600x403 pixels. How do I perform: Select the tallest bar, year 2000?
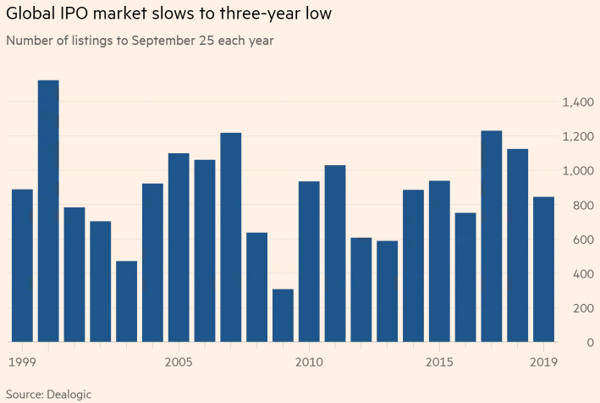point(48,211)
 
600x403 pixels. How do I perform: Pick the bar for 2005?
point(179,247)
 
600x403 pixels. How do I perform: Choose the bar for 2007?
point(231,237)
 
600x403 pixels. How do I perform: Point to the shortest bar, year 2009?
point(283,315)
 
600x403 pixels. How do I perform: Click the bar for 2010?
point(309,262)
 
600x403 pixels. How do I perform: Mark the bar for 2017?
point(492,236)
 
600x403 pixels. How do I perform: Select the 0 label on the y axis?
point(589,343)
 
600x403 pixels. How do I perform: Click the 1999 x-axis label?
point(22,362)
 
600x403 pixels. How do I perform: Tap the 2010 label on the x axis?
point(309,362)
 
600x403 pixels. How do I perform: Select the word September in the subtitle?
point(160,40)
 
